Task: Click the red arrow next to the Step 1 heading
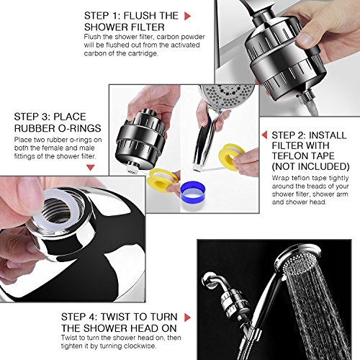tap(187, 16)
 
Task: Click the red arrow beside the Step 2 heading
tap(264, 135)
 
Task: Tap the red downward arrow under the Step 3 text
tap(90, 167)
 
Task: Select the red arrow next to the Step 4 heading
tap(187, 318)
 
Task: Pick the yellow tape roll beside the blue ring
tap(163, 180)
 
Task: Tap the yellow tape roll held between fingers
tap(232, 153)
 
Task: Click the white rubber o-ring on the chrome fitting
tap(52, 210)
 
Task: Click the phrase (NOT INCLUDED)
tap(311, 166)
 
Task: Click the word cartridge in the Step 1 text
tap(143, 53)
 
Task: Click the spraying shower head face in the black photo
tap(298, 263)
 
